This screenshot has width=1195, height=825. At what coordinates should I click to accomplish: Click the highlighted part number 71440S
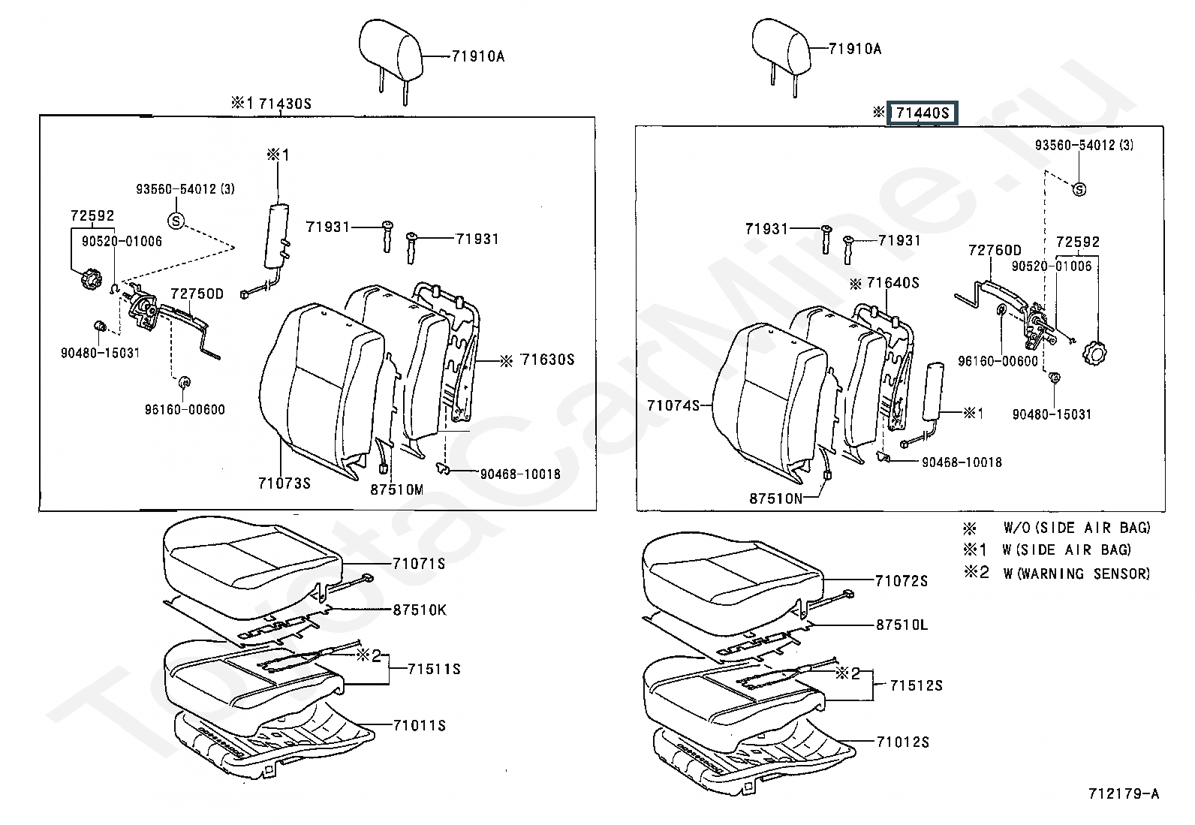[x=923, y=113]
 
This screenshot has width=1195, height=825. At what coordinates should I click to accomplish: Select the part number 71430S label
[x=285, y=103]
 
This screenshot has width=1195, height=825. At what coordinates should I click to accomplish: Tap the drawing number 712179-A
[x=1124, y=794]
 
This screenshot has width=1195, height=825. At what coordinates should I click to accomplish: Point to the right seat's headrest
[x=781, y=49]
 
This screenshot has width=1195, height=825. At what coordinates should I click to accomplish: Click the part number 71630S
[x=548, y=360]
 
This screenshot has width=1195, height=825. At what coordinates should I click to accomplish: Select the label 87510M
[x=397, y=489]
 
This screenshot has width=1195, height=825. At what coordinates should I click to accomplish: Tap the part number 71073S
[x=284, y=483]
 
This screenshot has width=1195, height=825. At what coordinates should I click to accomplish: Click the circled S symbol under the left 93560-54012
[x=176, y=221]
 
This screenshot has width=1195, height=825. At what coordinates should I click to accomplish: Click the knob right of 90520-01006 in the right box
[x=1094, y=353]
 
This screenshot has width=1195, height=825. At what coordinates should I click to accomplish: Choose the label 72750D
[x=197, y=294]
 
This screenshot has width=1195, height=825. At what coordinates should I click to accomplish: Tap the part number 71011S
[x=420, y=725]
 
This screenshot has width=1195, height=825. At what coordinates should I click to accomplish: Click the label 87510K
[x=420, y=610]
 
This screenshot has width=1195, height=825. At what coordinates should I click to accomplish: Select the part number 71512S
[x=917, y=685]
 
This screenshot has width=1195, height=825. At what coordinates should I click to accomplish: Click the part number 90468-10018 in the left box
[x=520, y=474]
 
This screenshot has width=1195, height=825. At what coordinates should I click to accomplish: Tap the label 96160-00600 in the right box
[x=998, y=361]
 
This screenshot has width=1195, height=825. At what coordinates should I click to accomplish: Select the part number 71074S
[x=673, y=405]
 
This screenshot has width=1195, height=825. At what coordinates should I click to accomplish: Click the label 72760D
[x=995, y=250]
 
